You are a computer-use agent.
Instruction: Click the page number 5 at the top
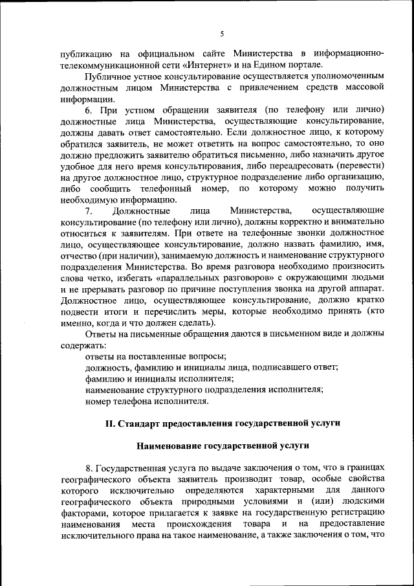pyautogui.click(x=221, y=34)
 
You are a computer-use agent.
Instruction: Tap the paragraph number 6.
pyautogui.click(x=89, y=110)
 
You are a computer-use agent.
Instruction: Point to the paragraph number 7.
pyautogui.click(x=89, y=211)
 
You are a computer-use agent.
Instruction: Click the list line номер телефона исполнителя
pyautogui.click(x=147, y=401)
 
